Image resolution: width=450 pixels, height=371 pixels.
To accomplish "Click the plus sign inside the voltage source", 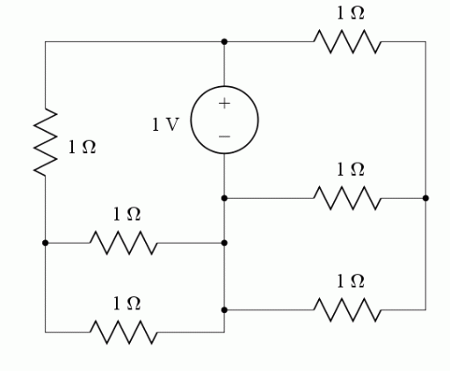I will click(x=224, y=104).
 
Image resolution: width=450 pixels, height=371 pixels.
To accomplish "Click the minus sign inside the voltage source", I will click(x=224, y=136).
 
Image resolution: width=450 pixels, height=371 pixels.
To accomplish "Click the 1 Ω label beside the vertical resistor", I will click(x=83, y=145).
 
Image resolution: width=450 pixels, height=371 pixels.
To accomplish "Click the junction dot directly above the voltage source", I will click(x=225, y=41).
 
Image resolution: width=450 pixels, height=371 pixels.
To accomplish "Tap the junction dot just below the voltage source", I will click(x=225, y=198).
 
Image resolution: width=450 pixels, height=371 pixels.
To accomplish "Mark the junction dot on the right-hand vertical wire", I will click(x=425, y=198).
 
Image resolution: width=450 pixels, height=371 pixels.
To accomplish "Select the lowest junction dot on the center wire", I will click(x=225, y=309).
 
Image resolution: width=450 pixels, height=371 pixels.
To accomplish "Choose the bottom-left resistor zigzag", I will click(x=125, y=331).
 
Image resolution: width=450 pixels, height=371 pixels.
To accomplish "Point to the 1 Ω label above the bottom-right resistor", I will click(x=349, y=280).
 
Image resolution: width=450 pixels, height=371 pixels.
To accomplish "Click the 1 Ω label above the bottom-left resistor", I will click(x=125, y=302).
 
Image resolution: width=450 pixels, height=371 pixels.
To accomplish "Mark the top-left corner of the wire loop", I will click(x=45, y=41).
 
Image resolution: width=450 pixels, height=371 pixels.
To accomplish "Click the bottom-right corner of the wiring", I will click(x=425, y=309).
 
